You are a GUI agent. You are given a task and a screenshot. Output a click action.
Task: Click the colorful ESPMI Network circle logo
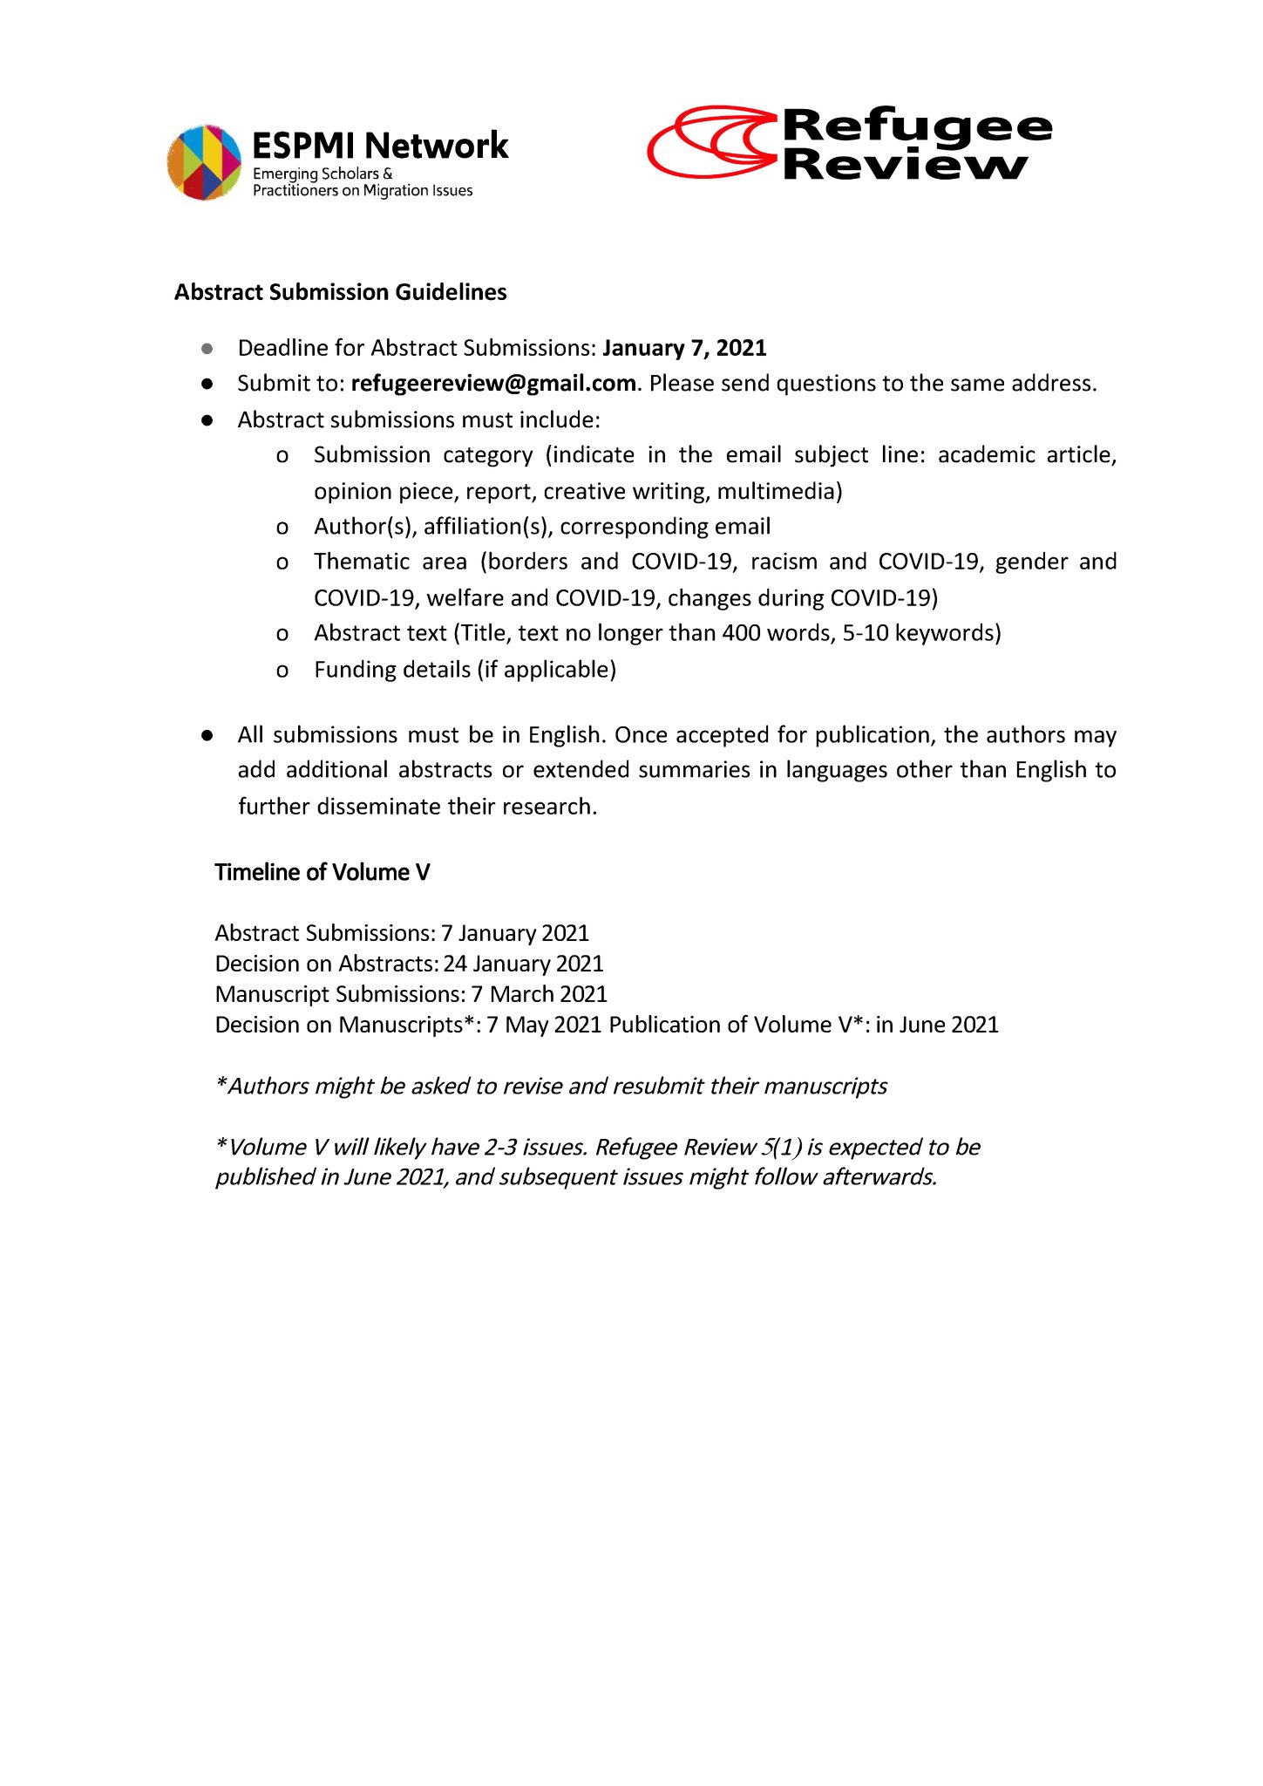tap(204, 162)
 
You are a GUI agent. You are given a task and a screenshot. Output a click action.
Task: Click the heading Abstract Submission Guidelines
tap(340, 292)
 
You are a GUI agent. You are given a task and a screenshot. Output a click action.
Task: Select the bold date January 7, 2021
tap(684, 348)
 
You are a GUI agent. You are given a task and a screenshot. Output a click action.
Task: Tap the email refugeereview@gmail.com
tap(493, 384)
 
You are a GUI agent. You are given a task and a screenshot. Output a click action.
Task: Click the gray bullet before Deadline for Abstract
tap(207, 349)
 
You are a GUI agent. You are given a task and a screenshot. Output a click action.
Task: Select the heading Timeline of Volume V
tap(323, 873)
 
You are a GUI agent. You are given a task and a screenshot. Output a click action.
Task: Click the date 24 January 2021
tap(523, 964)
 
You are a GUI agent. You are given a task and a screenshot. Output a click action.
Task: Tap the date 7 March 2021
tap(539, 994)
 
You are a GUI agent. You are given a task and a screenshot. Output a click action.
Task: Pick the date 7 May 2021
tap(544, 1025)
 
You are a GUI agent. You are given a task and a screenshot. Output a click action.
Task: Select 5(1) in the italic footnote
tap(781, 1147)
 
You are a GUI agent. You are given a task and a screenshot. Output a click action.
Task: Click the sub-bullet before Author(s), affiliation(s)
tap(282, 528)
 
